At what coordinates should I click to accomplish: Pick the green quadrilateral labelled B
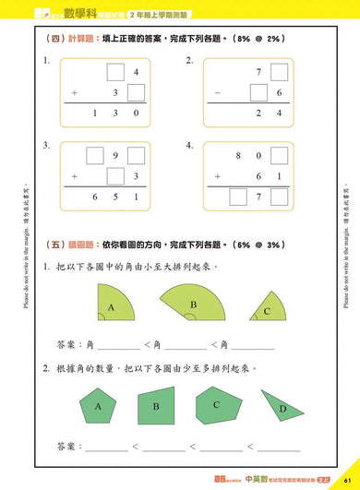point(156,404)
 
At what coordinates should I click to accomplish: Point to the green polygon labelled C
point(216,402)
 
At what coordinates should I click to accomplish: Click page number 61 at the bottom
point(344,480)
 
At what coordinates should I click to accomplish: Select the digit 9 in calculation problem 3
point(115,157)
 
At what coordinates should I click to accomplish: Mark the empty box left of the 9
point(95,156)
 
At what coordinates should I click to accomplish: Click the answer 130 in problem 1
point(115,114)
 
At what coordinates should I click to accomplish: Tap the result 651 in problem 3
point(115,197)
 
